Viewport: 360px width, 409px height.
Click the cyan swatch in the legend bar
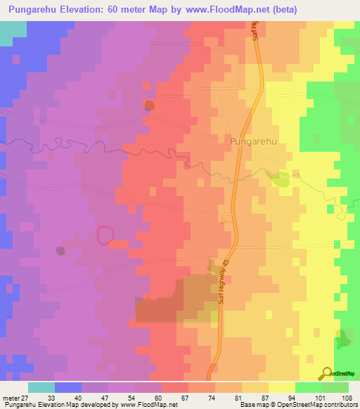pos(41,387)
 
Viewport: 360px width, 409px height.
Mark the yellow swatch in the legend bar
pos(282,387)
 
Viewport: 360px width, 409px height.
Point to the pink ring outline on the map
pos(105,235)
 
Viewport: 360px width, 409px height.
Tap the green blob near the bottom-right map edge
pos(344,340)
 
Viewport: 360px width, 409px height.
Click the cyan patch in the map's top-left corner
pos(12,32)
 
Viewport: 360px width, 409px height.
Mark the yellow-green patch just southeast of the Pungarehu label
pos(281,180)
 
